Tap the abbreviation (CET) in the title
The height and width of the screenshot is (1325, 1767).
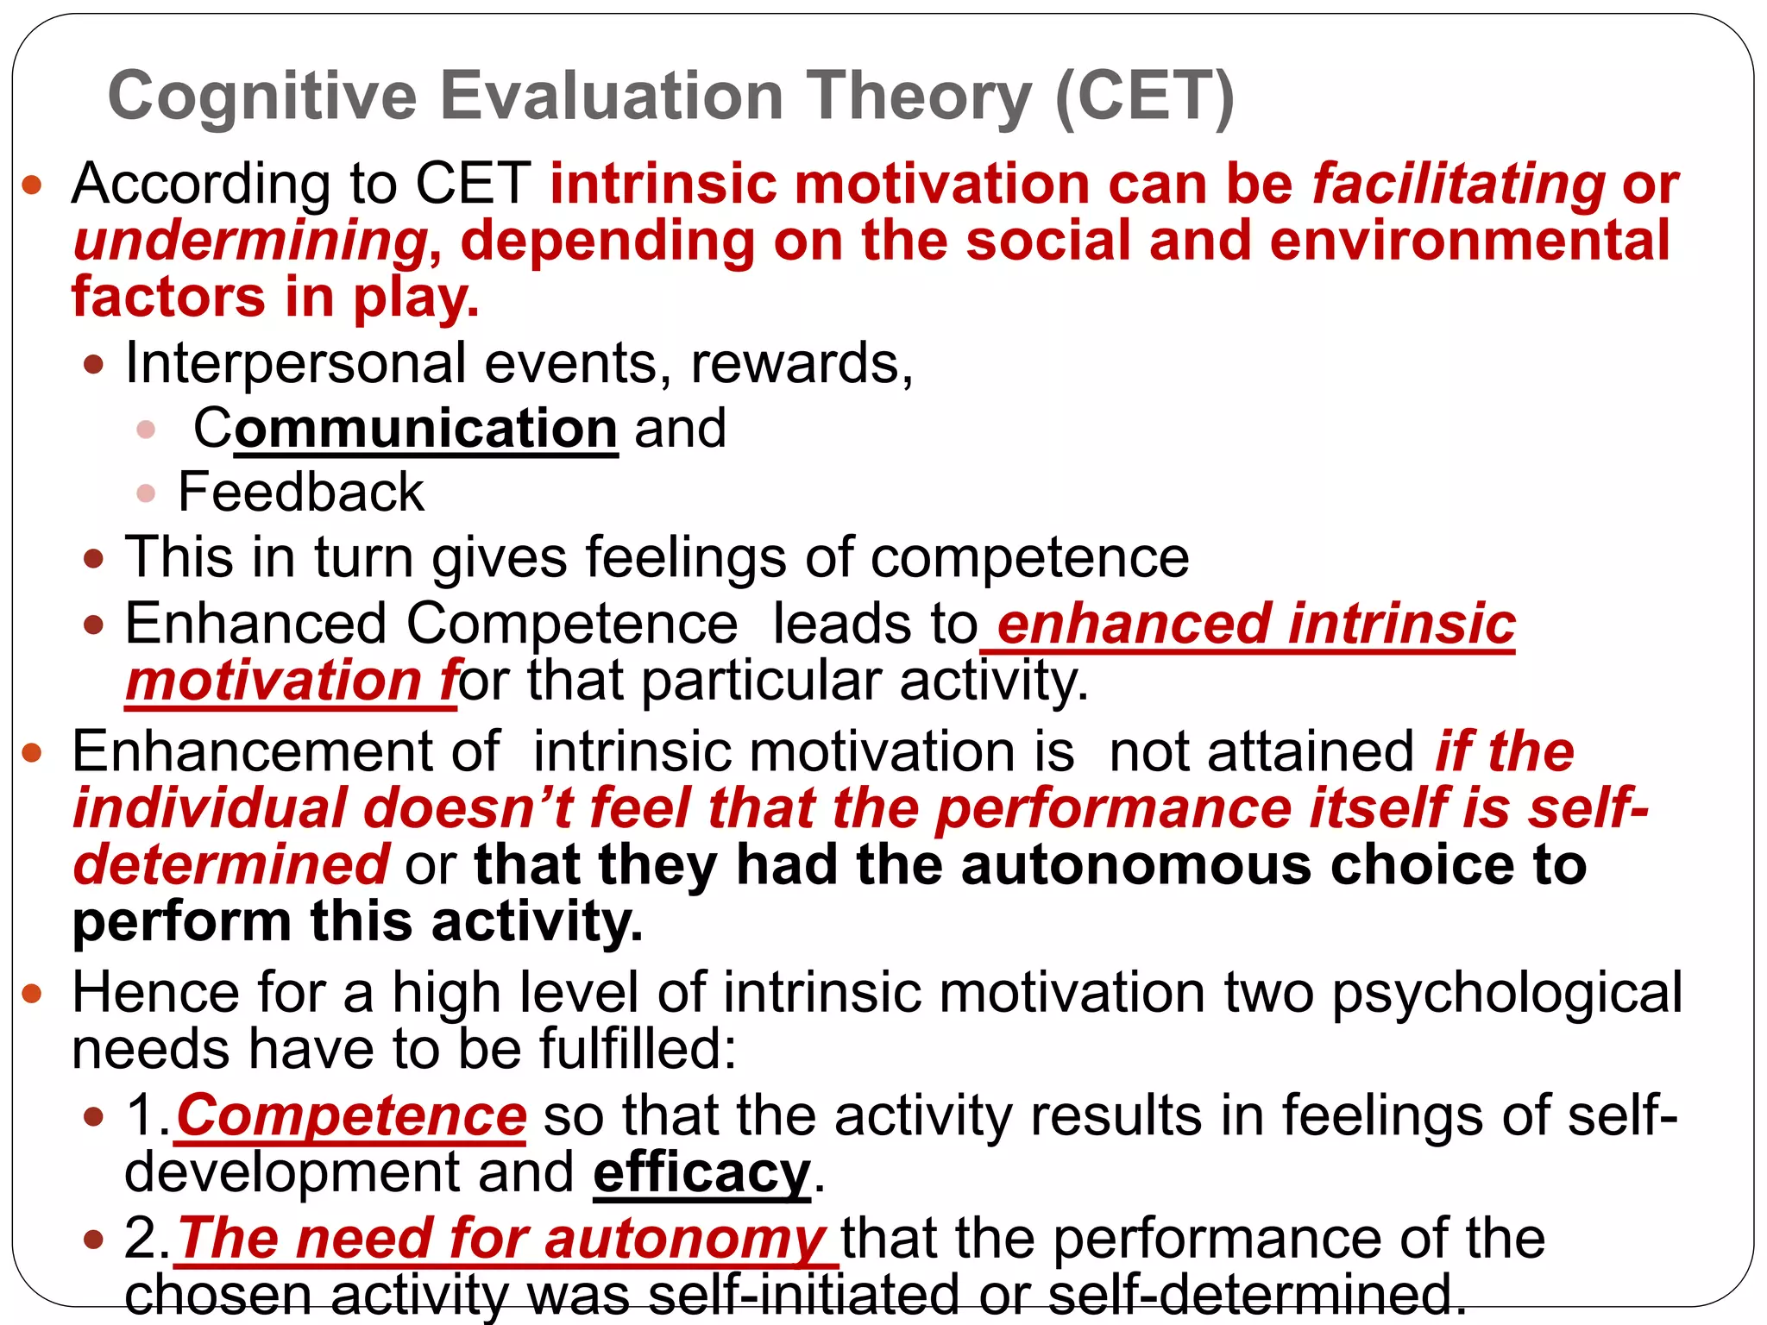(x=1144, y=97)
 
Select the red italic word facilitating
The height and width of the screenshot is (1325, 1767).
(x=1458, y=185)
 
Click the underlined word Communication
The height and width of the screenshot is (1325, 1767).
(x=406, y=428)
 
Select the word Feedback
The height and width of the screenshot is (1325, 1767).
(x=301, y=493)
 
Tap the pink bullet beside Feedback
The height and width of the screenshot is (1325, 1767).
(x=146, y=493)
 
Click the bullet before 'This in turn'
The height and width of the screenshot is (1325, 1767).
(x=94, y=559)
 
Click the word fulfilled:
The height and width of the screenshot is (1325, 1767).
(x=638, y=1050)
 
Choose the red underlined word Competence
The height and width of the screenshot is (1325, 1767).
(x=351, y=1116)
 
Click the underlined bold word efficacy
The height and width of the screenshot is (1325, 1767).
(x=701, y=1173)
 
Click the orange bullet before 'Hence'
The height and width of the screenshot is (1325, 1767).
(x=32, y=994)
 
